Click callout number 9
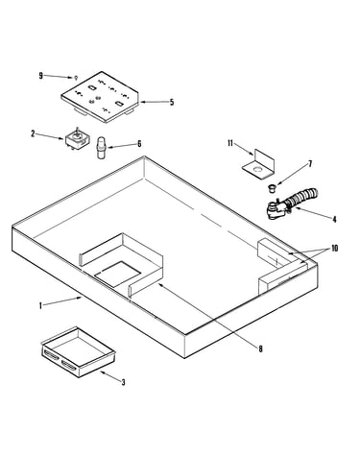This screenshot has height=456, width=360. (40, 76)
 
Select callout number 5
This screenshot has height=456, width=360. (172, 103)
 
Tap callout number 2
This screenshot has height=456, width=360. (33, 133)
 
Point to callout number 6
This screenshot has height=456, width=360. (139, 144)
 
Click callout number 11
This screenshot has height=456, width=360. (230, 143)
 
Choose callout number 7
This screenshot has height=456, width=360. (310, 164)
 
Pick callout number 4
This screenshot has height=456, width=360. (334, 219)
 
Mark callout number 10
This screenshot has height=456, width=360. (334, 248)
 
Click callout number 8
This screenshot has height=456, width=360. (260, 348)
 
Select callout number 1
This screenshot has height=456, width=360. (40, 306)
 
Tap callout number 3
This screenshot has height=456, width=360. (123, 382)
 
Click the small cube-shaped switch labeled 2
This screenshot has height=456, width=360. (77, 140)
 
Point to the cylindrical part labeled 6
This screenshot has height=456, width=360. (101, 147)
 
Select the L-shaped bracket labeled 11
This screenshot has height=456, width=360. (258, 163)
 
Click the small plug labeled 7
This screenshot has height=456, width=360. (272, 187)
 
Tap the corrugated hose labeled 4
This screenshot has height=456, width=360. (291, 204)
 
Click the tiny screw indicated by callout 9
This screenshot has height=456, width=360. (76, 78)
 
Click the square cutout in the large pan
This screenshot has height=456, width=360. (118, 274)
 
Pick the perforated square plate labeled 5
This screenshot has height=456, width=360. (101, 97)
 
